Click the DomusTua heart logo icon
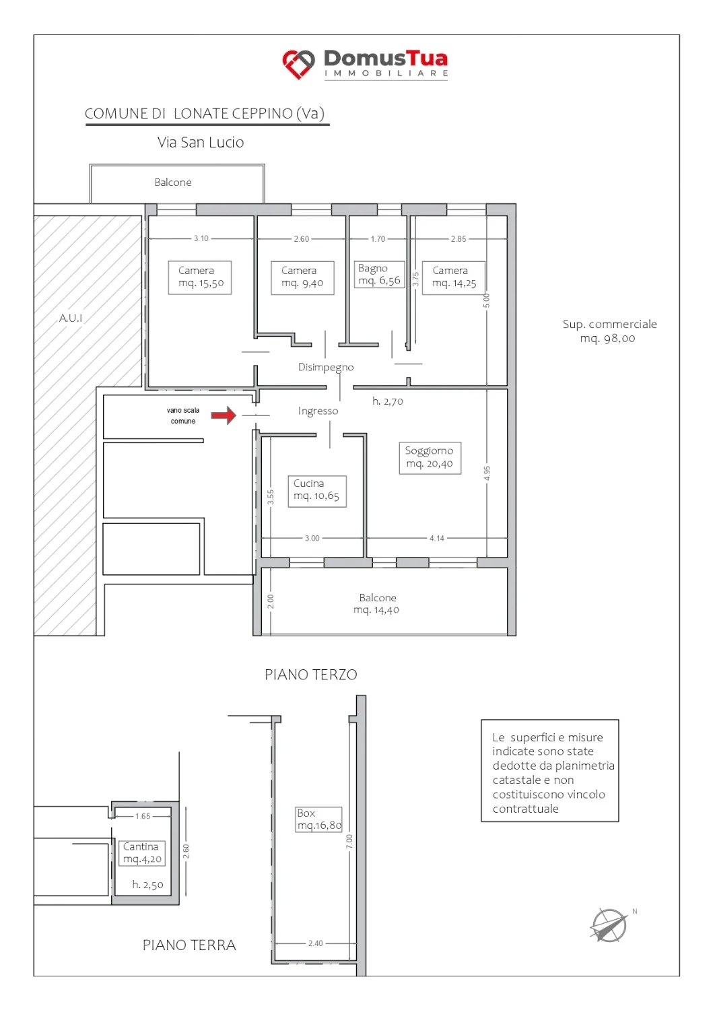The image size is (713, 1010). [x=298, y=64]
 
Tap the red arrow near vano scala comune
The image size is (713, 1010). [x=224, y=415]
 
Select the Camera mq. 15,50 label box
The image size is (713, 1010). [x=200, y=277]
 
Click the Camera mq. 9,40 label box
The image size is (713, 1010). [x=302, y=277]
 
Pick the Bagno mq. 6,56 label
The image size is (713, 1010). [x=379, y=274]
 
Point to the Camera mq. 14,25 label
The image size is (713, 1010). [x=454, y=277]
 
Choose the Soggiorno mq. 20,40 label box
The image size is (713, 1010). [x=430, y=458]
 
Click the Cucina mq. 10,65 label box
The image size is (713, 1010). [x=317, y=491]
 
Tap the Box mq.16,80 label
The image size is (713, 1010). [x=318, y=819]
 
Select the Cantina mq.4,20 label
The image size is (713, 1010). [x=142, y=853]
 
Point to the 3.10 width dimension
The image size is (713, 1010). [x=201, y=238]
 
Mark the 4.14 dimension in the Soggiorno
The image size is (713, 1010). [x=436, y=538]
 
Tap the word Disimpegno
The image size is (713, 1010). [x=326, y=368]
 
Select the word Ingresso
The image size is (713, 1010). [x=318, y=411]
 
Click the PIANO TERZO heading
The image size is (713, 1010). [x=311, y=675]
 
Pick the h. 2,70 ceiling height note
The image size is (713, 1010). [x=388, y=401]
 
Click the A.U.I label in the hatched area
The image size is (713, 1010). [x=71, y=318]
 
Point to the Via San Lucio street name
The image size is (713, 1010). [x=201, y=143]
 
